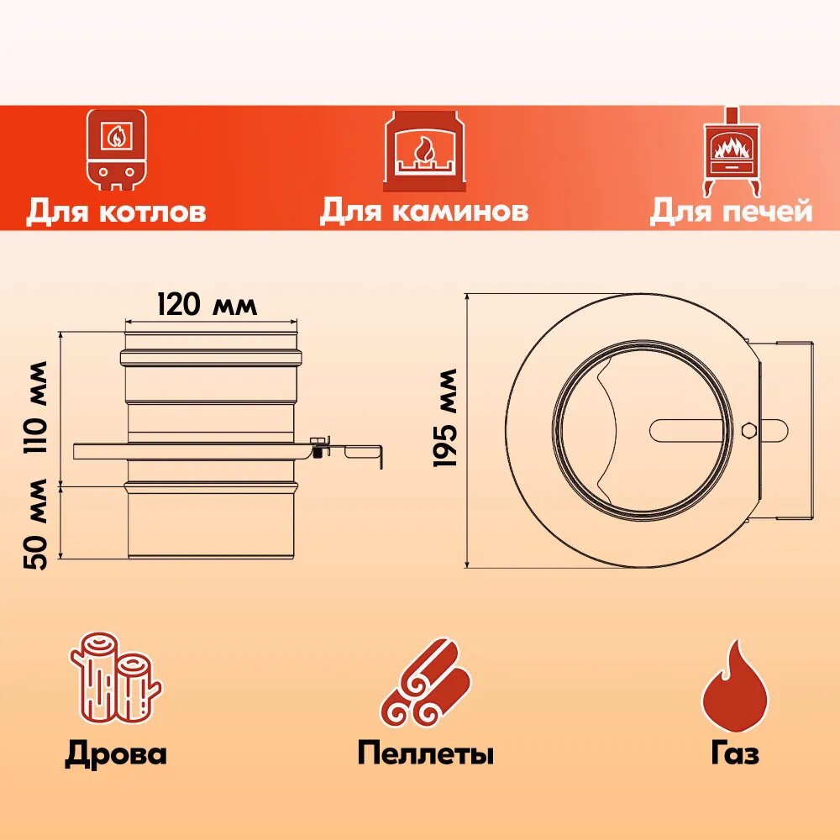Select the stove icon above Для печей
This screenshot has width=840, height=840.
(730, 150)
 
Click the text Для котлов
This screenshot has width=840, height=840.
(116, 211)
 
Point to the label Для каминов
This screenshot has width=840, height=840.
(423, 211)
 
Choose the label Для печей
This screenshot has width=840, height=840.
(731, 211)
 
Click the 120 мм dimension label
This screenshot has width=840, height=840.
(207, 304)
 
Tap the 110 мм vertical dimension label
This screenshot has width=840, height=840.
(37, 408)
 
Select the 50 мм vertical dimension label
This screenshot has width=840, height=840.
(37, 523)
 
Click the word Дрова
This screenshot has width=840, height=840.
(116, 753)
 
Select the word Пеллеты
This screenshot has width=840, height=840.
(425, 753)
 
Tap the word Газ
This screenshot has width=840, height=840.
(734, 753)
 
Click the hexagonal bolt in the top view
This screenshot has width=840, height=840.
(749, 430)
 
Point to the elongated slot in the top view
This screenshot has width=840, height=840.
(685, 429)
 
